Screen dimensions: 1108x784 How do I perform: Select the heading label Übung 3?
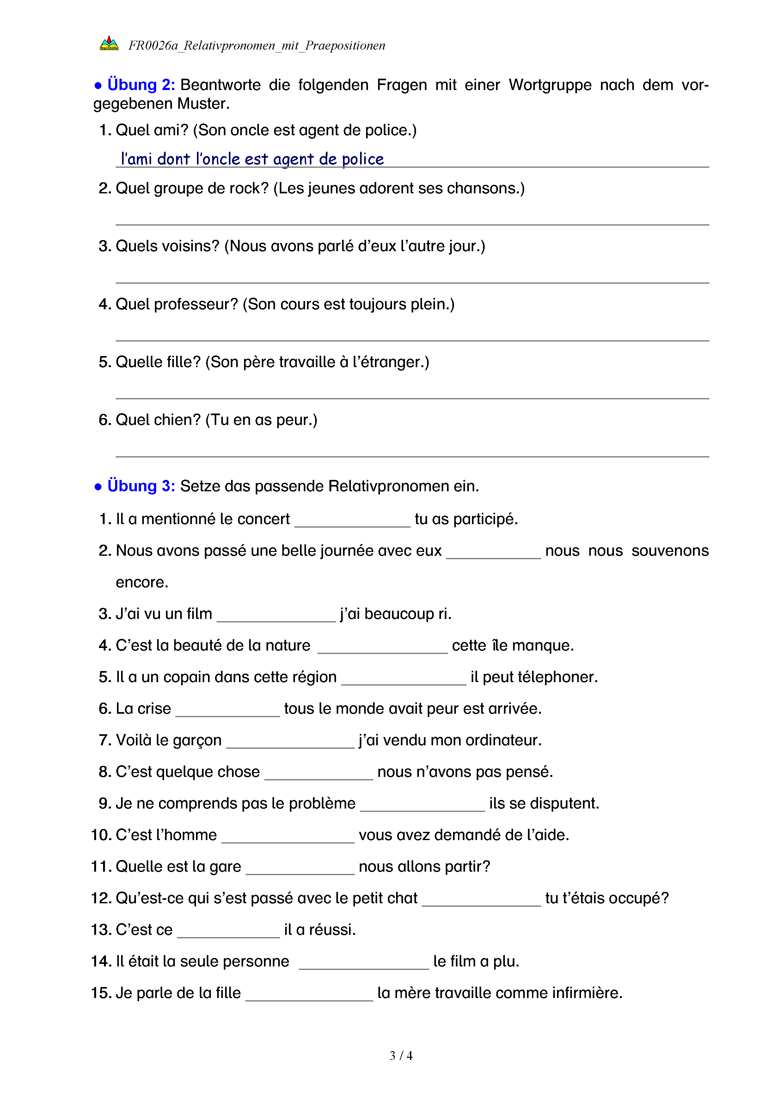pos(141,486)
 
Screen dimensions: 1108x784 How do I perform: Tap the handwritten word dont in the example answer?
pos(173,159)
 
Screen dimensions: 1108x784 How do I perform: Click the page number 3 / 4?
pos(401,1056)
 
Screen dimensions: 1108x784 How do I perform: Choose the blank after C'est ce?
pos(228,932)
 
